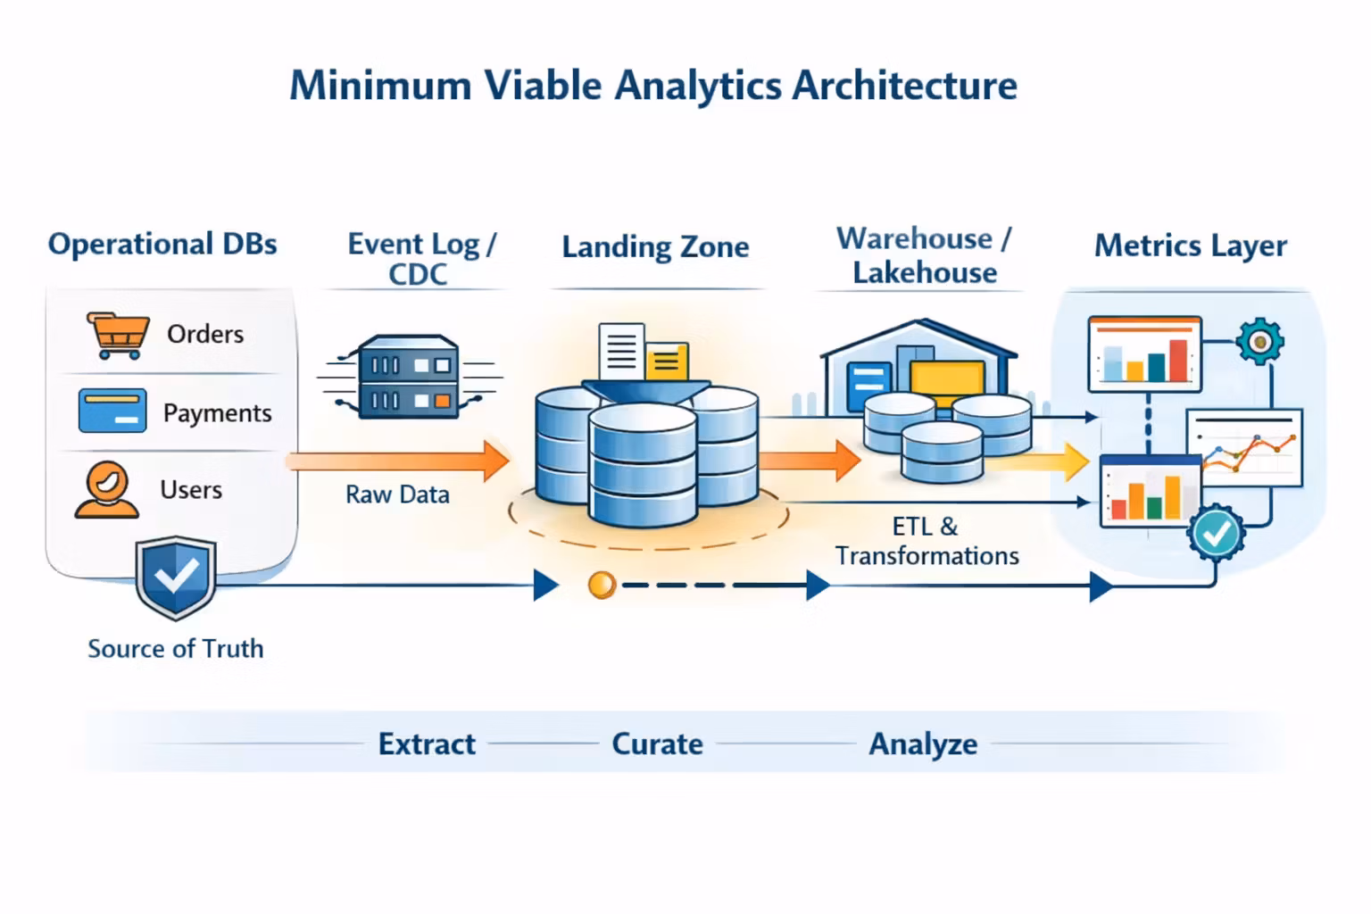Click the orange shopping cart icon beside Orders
(117, 335)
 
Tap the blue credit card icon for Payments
(112, 411)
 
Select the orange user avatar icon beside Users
(107, 489)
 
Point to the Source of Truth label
(176, 649)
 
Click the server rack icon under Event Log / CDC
(409, 377)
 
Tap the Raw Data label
(397, 494)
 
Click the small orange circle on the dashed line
(602, 586)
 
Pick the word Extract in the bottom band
(427, 744)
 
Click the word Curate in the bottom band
(657, 744)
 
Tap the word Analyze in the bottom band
(923, 744)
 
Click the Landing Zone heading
(655, 247)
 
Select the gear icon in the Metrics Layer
(1259, 341)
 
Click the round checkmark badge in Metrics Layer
(1216, 533)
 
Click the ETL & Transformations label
(926, 541)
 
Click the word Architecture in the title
(904, 86)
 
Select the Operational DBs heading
(162, 244)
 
